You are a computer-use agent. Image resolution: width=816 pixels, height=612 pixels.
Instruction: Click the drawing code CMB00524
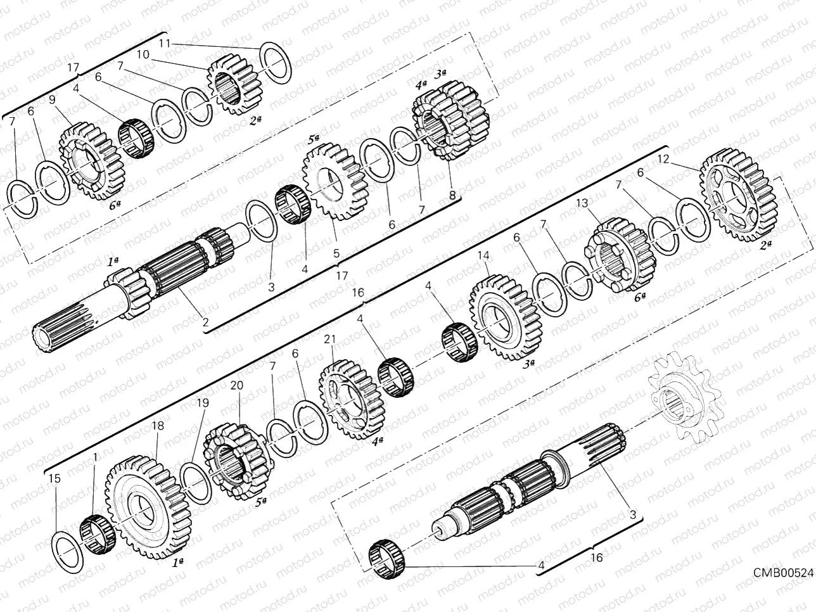(782, 573)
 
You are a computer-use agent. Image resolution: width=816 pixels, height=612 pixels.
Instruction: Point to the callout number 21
(328, 340)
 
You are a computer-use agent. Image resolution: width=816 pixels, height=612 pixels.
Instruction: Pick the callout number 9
(52, 99)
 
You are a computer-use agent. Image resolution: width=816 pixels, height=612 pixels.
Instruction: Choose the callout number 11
(164, 43)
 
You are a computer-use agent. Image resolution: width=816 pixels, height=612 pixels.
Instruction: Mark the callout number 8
(452, 196)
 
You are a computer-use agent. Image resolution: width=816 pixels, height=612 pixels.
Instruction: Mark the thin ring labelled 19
(196, 484)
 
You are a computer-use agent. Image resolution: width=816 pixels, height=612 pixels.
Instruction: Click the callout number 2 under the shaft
(205, 322)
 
